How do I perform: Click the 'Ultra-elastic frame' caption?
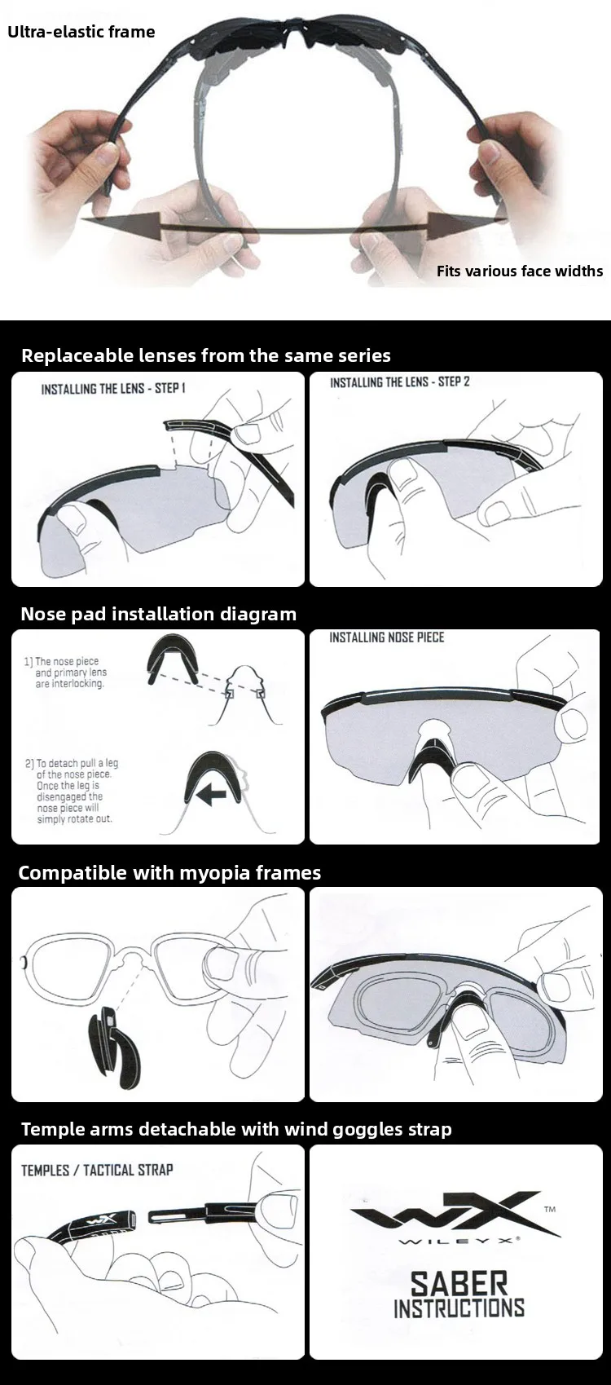click(81, 32)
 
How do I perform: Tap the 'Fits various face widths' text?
click(520, 271)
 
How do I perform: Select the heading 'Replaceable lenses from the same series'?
click(206, 355)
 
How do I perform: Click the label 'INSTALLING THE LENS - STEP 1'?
click(113, 388)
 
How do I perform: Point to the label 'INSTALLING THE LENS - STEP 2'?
click(400, 382)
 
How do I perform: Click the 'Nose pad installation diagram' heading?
click(159, 614)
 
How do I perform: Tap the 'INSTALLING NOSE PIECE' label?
click(387, 637)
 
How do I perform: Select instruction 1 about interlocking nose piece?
click(65, 672)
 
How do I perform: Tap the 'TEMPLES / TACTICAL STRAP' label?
click(97, 1170)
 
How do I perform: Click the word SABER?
click(459, 1284)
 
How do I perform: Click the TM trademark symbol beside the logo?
click(549, 1209)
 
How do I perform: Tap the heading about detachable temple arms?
click(236, 1129)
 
